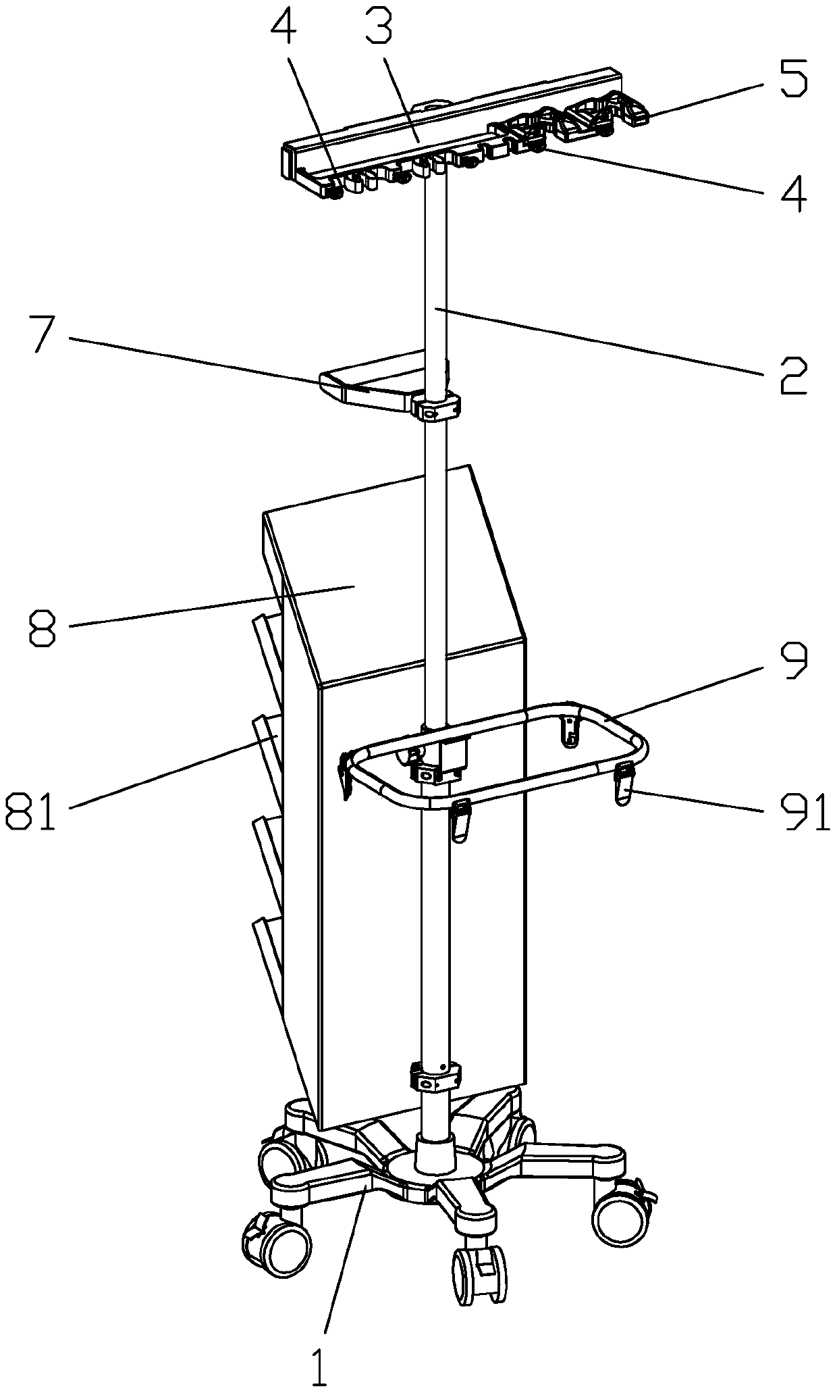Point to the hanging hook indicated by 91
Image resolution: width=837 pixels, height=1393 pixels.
(x=625, y=784)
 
